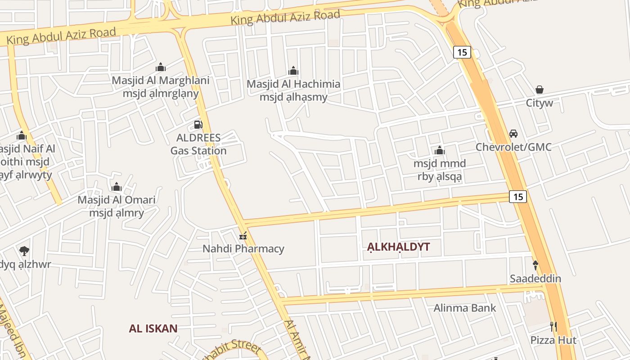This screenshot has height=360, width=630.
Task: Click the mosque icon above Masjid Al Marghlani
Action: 161,67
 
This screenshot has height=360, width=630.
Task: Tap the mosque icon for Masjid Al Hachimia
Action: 293,71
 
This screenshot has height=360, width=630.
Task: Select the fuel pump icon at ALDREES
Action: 198,124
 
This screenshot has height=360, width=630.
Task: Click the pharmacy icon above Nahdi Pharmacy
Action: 243,235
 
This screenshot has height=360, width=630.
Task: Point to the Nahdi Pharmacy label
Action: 243,248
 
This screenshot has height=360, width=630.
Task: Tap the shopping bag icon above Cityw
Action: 540,90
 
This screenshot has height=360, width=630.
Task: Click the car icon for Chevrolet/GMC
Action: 513,134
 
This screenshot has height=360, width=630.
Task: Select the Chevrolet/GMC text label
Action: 513,147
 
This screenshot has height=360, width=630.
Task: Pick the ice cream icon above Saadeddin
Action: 535,265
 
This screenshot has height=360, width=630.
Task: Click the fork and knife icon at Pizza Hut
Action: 553,326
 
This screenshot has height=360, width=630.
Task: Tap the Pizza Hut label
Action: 553,340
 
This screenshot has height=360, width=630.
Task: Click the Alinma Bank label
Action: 465,308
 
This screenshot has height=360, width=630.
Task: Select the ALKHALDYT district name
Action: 398,247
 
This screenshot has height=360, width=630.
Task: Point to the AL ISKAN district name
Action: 153,328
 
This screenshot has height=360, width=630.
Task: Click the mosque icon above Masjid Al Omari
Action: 117,186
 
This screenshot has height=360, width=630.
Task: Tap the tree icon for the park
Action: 24,251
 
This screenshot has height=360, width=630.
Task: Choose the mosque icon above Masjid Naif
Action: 22,135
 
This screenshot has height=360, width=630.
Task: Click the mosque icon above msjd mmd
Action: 440,150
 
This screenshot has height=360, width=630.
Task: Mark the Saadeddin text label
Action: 535,279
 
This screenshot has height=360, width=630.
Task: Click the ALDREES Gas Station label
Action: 198,144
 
